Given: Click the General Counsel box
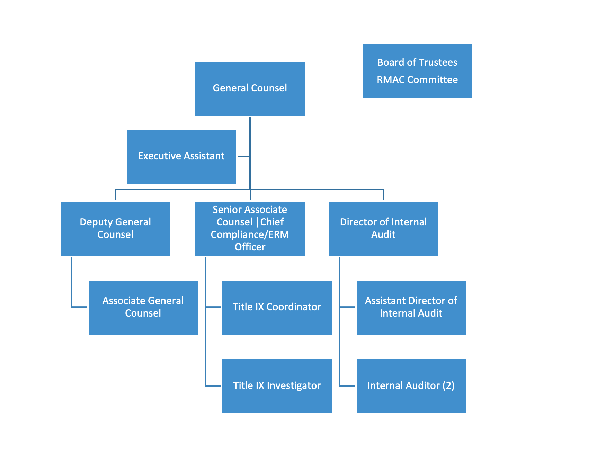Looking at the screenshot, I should (250, 89).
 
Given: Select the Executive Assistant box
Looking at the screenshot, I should (181, 157).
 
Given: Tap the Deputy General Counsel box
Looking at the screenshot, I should (115, 229).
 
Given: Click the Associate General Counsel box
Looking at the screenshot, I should (143, 307).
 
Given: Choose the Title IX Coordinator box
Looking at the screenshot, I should (277, 307).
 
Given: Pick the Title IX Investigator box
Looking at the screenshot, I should (277, 385).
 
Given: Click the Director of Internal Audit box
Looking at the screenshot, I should (383, 229).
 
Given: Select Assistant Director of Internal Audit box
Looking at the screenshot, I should (411, 307).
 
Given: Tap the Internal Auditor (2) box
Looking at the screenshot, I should (411, 385).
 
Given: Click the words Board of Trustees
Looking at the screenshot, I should (417, 62).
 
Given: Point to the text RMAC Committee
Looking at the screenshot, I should (417, 80).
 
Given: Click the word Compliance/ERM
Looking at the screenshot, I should (250, 234).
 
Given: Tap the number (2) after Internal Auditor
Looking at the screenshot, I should (448, 385).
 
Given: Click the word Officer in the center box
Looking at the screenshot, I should (250, 247).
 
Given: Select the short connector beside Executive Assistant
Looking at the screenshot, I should (243, 157).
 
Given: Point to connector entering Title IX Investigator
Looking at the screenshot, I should (213, 385).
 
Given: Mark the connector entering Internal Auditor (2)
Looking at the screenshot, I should (347, 385).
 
